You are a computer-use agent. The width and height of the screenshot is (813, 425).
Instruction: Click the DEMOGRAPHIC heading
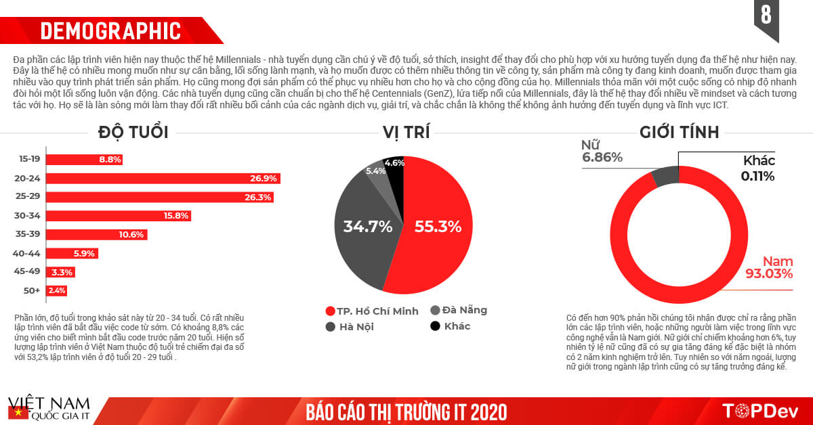pyautogui.click(x=110, y=31)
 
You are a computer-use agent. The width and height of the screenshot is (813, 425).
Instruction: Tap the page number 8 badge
pyautogui.click(x=766, y=15)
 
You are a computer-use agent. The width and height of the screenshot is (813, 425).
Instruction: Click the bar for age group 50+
pyautogui.click(x=57, y=290)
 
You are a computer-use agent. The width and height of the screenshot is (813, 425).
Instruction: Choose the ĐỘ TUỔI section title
pyautogui.click(x=133, y=132)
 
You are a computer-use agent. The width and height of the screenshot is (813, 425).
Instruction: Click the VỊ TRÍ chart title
pyautogui.click(x=406, y=132)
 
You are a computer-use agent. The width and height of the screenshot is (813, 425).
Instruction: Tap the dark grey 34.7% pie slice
pyautogui.click(x=366, y=227)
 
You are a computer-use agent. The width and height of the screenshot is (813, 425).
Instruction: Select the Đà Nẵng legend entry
pyautogui.click(x=458, y=311)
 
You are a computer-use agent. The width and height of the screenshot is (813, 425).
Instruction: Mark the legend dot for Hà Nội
pyautogui.click(x=331, y=326)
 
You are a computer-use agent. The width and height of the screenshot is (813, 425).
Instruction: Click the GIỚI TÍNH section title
pyautogui.click(x=679, y=132)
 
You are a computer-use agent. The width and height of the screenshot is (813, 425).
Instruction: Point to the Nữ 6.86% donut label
pyautogui.click(x=602, y=151)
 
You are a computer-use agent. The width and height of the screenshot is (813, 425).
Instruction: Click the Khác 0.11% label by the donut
pyautogui.click(x=758, y=168)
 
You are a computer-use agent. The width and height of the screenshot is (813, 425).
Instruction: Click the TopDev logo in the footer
pyautogui.click(x=761, y=411)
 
